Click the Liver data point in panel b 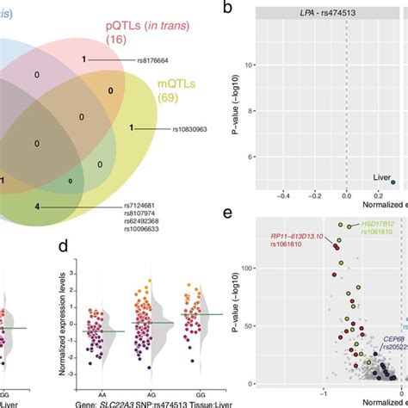[x=393, y=182]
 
